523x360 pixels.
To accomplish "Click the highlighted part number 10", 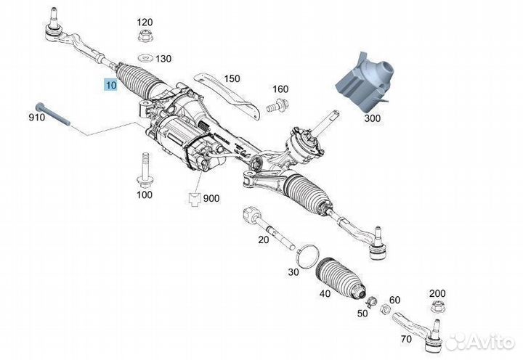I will (x=110, y=85).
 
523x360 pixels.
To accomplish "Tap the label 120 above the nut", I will (x=145, y=22).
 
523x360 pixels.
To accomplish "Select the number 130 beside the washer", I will (x=163, y=59).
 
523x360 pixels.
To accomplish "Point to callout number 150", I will (x=231, y=78).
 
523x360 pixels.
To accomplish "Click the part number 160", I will (x=280, y=89).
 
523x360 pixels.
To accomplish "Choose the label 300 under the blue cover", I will (x=373, y=117).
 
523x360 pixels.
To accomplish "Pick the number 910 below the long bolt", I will (x=37, y=117).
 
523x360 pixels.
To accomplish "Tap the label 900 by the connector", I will (x=212, y=198).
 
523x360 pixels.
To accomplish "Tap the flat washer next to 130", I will (x=144, y=58).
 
